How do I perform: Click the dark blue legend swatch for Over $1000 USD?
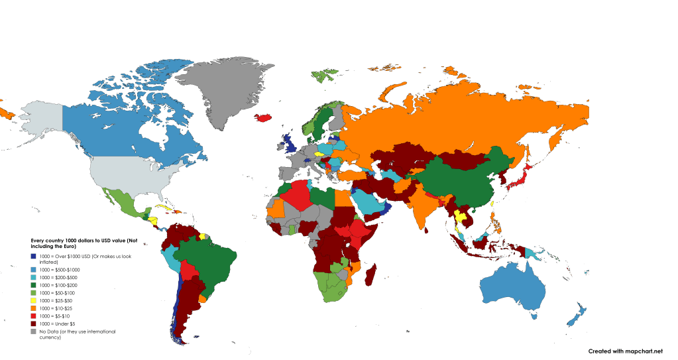pos(33,257)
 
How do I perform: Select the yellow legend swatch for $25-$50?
pos(33,301)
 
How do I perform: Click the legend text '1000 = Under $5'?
pos(59,323)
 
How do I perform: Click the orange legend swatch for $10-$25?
pos(33,308)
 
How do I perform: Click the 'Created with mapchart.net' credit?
pos(625,351)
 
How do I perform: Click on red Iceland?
pos(264,118)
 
